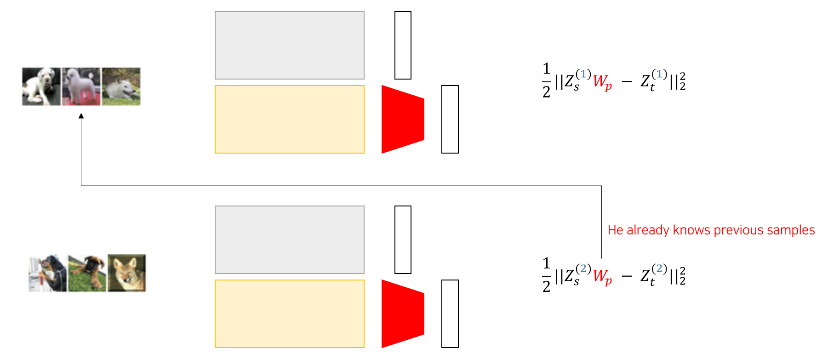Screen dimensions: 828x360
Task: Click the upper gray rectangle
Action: pyautogui.click(x=290, y=46)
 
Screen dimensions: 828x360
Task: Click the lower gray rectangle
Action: pyautogui.click(x=290, y=240)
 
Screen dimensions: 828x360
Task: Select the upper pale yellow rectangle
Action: pyautogui.click(x=290, y=120)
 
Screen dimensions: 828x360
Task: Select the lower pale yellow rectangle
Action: pyautogui.click(x=290, y=314)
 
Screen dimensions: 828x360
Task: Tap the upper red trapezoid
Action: pyautogui.click(x=403, y=119)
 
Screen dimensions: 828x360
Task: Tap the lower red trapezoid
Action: pyautogui.click(x=403, y=314)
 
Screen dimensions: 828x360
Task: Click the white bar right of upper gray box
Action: pyautogui.click(x=403, y=46)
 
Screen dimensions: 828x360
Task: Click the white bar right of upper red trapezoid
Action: pyautogui.click(x=450, y=120)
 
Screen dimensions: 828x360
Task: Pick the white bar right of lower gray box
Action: pyautogui.click(x=403, y=240)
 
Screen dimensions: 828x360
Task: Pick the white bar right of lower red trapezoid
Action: pyautogui.click(x=450, y=314)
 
